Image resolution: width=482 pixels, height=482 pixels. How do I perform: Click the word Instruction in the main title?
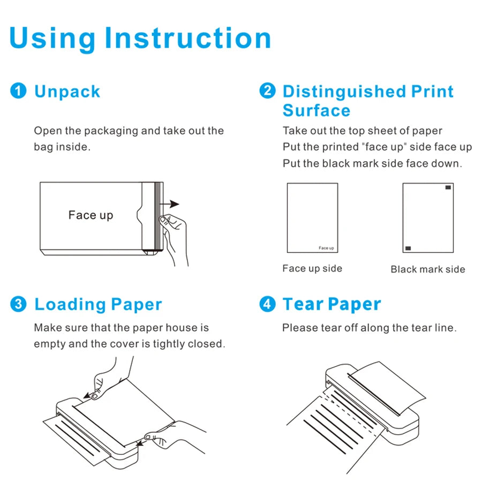187,39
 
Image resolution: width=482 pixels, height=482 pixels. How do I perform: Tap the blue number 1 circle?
18,91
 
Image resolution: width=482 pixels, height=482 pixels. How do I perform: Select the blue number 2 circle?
267,91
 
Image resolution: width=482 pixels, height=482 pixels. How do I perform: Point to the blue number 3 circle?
18,304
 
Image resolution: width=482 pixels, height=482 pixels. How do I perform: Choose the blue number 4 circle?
267,304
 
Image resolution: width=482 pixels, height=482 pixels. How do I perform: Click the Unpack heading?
67,92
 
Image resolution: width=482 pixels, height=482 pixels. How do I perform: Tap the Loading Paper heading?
98,305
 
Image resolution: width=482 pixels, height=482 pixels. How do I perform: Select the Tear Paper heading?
332,304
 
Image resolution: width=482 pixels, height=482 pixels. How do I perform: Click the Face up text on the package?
91,215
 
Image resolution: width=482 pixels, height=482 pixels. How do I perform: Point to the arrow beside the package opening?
172,204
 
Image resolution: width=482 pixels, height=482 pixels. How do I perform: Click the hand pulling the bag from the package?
174,236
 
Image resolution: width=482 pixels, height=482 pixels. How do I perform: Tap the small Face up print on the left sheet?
326,248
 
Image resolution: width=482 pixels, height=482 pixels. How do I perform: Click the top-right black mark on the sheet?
448,187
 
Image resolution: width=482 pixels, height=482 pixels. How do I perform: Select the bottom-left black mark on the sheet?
408,248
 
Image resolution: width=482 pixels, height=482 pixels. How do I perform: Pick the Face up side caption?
312,269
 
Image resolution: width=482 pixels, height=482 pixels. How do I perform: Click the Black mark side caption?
427,269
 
